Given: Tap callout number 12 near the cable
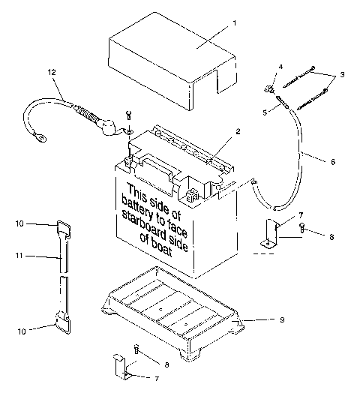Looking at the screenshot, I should (x=52, y=72).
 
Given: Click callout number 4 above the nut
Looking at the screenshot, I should (x=280, y=67).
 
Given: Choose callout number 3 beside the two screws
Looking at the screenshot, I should (x=343, y=75).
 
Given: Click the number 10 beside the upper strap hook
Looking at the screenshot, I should (x=21, y=223).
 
